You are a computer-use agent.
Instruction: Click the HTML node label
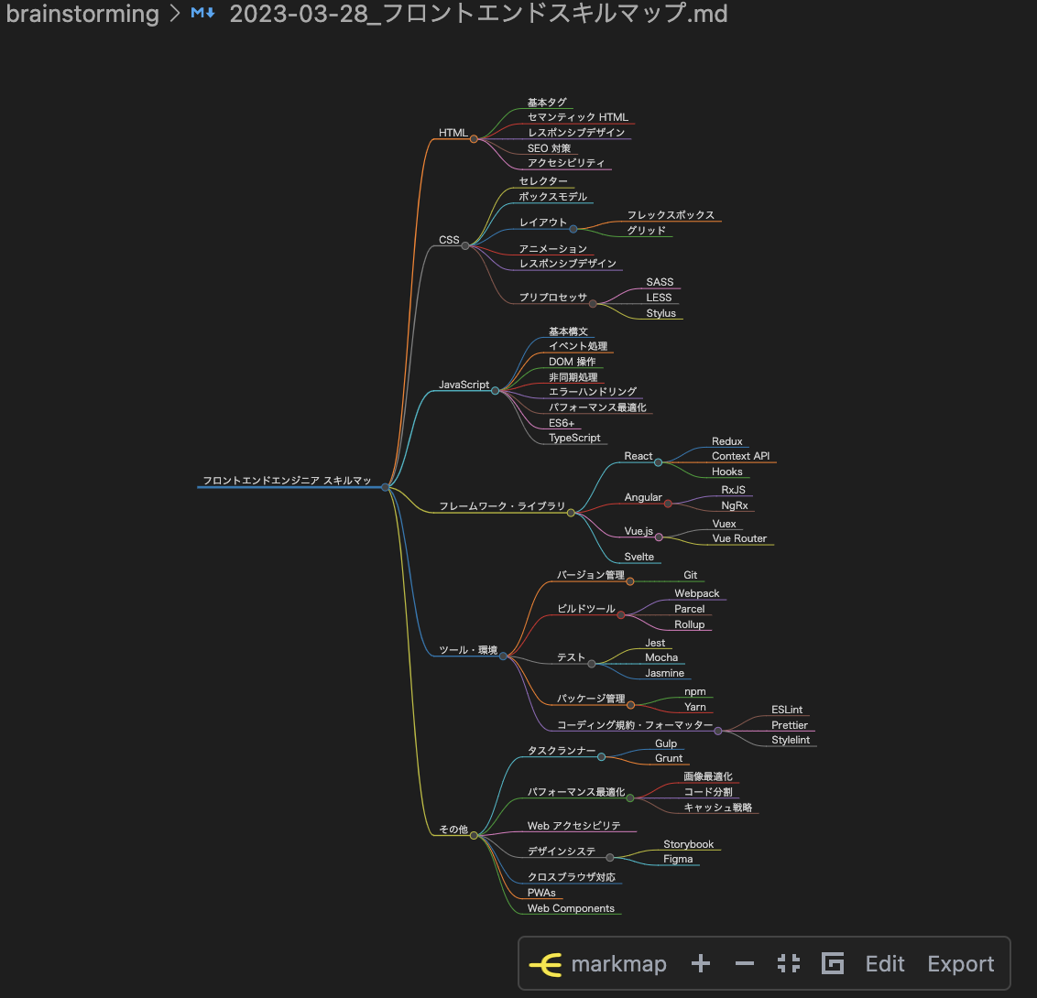click(453, 133)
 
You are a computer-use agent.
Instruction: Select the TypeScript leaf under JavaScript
click(574, 438)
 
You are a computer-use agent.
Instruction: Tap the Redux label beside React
click(726, 441)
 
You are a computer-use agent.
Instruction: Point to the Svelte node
click(639, 557)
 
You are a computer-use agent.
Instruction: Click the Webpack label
click(696, 593)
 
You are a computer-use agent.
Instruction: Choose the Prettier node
click(789, 725)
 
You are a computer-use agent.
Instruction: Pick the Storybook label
click(688, 844)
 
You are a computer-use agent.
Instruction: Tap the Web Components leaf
click(571, 908)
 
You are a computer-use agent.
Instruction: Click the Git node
click(690, 575)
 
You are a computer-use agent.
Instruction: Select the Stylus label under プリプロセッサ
click(660, 313)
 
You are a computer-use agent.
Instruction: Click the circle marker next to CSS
click(465, 245)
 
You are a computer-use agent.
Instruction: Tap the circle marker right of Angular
click(668, 504)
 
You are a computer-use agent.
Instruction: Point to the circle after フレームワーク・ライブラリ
click(571, 513)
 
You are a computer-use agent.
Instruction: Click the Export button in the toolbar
click(960, 964)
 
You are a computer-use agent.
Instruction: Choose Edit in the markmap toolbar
click(885, 964)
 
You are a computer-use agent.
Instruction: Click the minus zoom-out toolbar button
click(745, 964)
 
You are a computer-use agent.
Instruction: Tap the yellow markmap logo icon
click(546, 964)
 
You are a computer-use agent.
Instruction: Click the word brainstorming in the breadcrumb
click(82, 14)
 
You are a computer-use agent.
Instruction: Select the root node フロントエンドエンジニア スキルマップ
click(287, 481)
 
